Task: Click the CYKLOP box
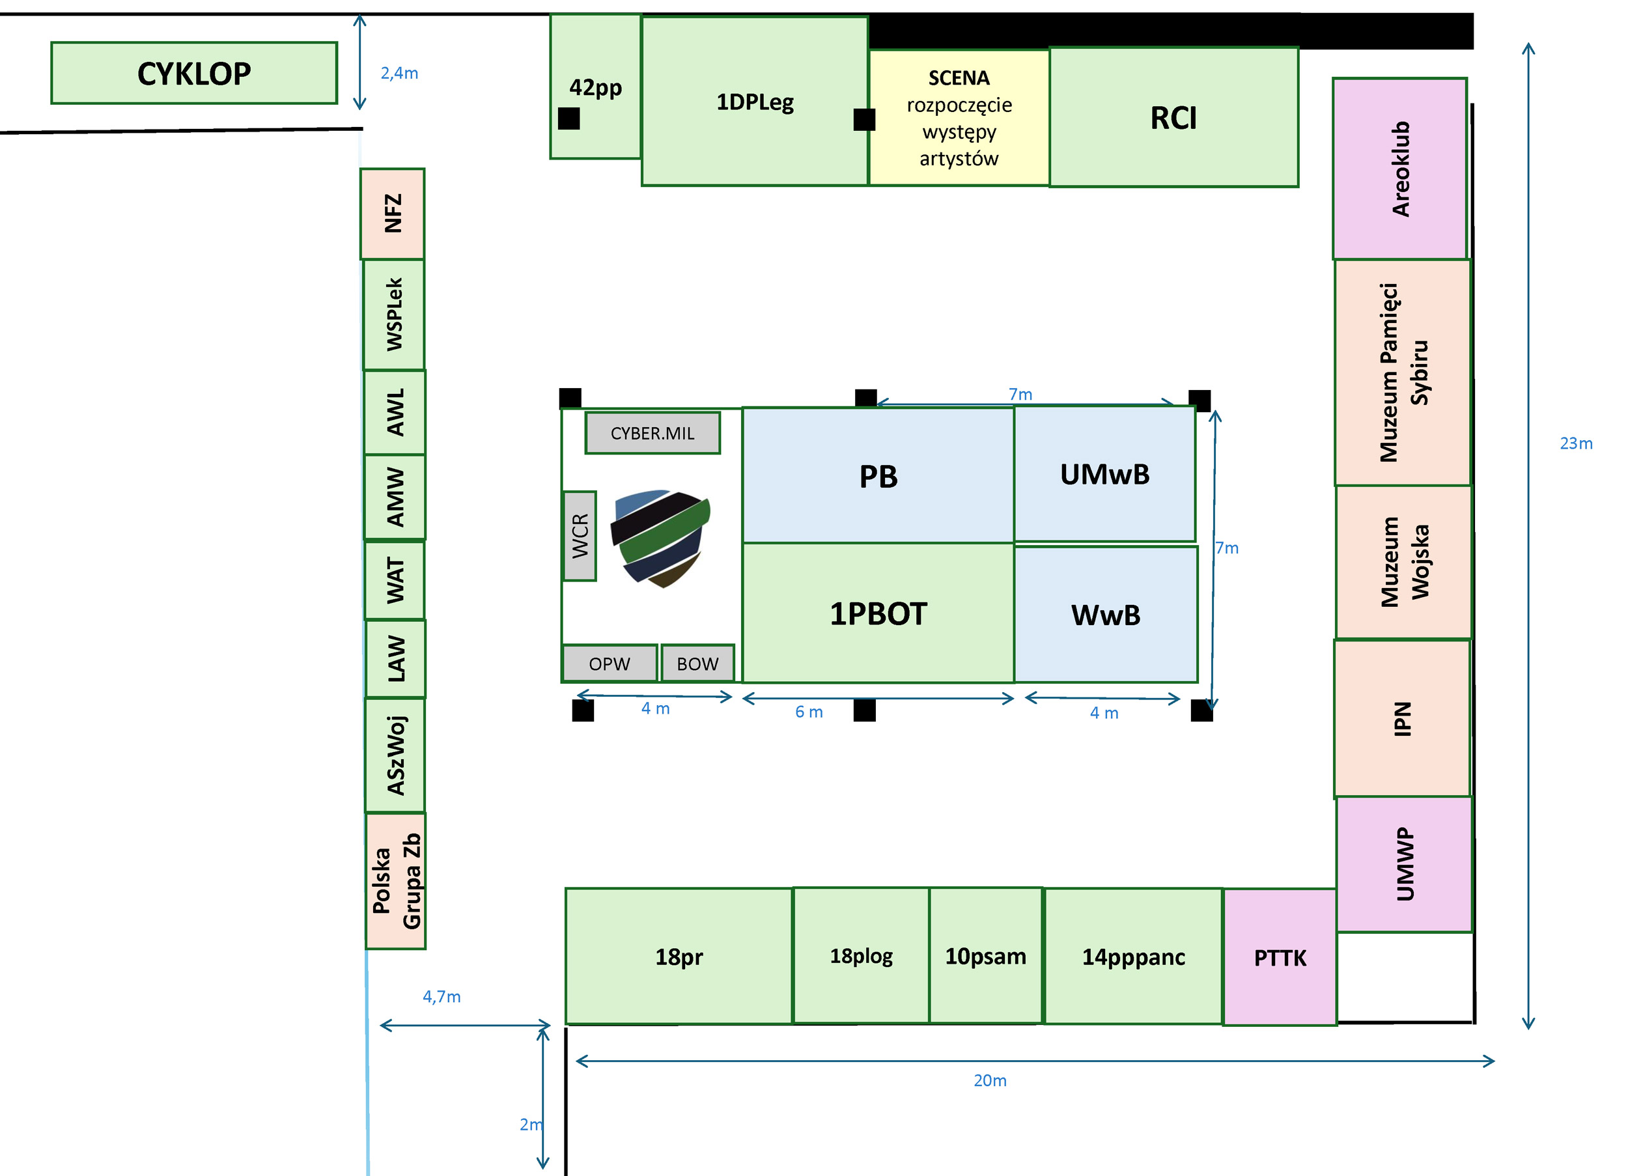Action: (194, 73)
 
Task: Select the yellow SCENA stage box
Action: (959, 118)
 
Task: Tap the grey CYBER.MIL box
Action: (653, 433)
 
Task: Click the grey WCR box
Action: (580, 536)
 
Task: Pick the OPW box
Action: (610, 664)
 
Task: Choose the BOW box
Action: (697, 664)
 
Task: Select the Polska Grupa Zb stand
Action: (395, 881)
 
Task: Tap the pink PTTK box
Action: (1280, 957)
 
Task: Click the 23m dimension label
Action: (1576, 443)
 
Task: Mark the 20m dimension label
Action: (990, 1080)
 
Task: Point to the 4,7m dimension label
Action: (442, 996)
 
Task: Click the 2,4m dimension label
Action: (399, 73)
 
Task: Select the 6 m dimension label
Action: (809, 712)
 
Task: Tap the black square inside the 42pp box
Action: (568, 119)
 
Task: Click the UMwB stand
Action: (1104, 475)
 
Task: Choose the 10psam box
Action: (985, 956)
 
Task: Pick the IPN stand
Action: (1402, 719)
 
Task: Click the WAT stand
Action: (395, 580)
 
